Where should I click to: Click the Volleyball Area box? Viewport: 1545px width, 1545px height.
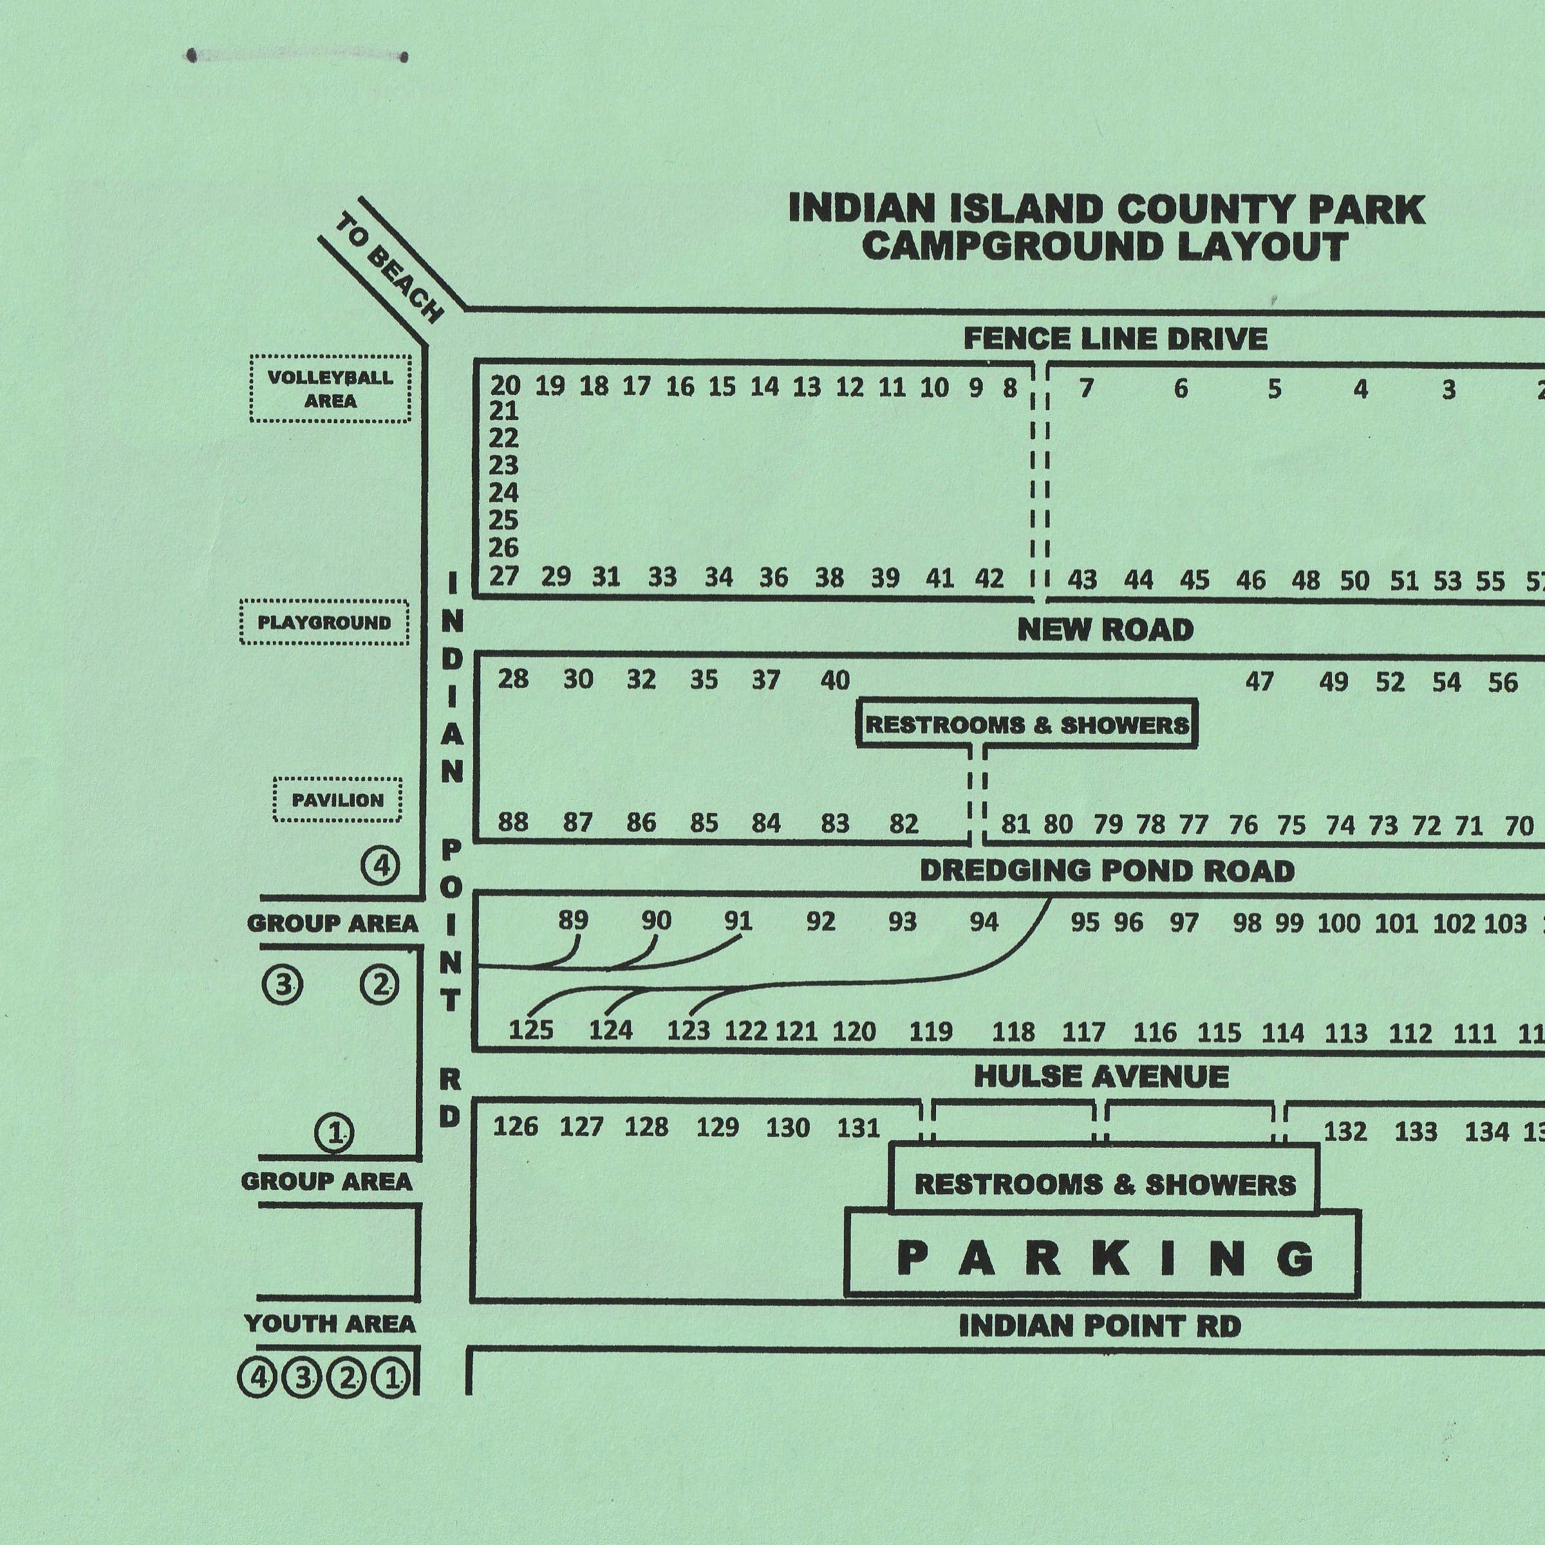pos(330,389)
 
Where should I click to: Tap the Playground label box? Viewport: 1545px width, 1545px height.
pos(324,622)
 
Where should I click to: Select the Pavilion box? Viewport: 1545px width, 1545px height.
pos(337,800)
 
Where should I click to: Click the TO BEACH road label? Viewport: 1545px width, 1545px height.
pos(389,268)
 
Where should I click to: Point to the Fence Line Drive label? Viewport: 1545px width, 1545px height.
pos(1115,339)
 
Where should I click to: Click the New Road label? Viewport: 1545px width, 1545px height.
pos(1105,630)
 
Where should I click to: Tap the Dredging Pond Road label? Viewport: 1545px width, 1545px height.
pos(1107,871)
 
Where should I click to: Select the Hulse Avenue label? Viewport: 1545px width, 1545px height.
pos(1101,1076)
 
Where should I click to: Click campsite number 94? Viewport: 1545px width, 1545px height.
pos(984,922)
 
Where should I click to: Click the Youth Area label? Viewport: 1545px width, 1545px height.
pos(330,1324)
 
